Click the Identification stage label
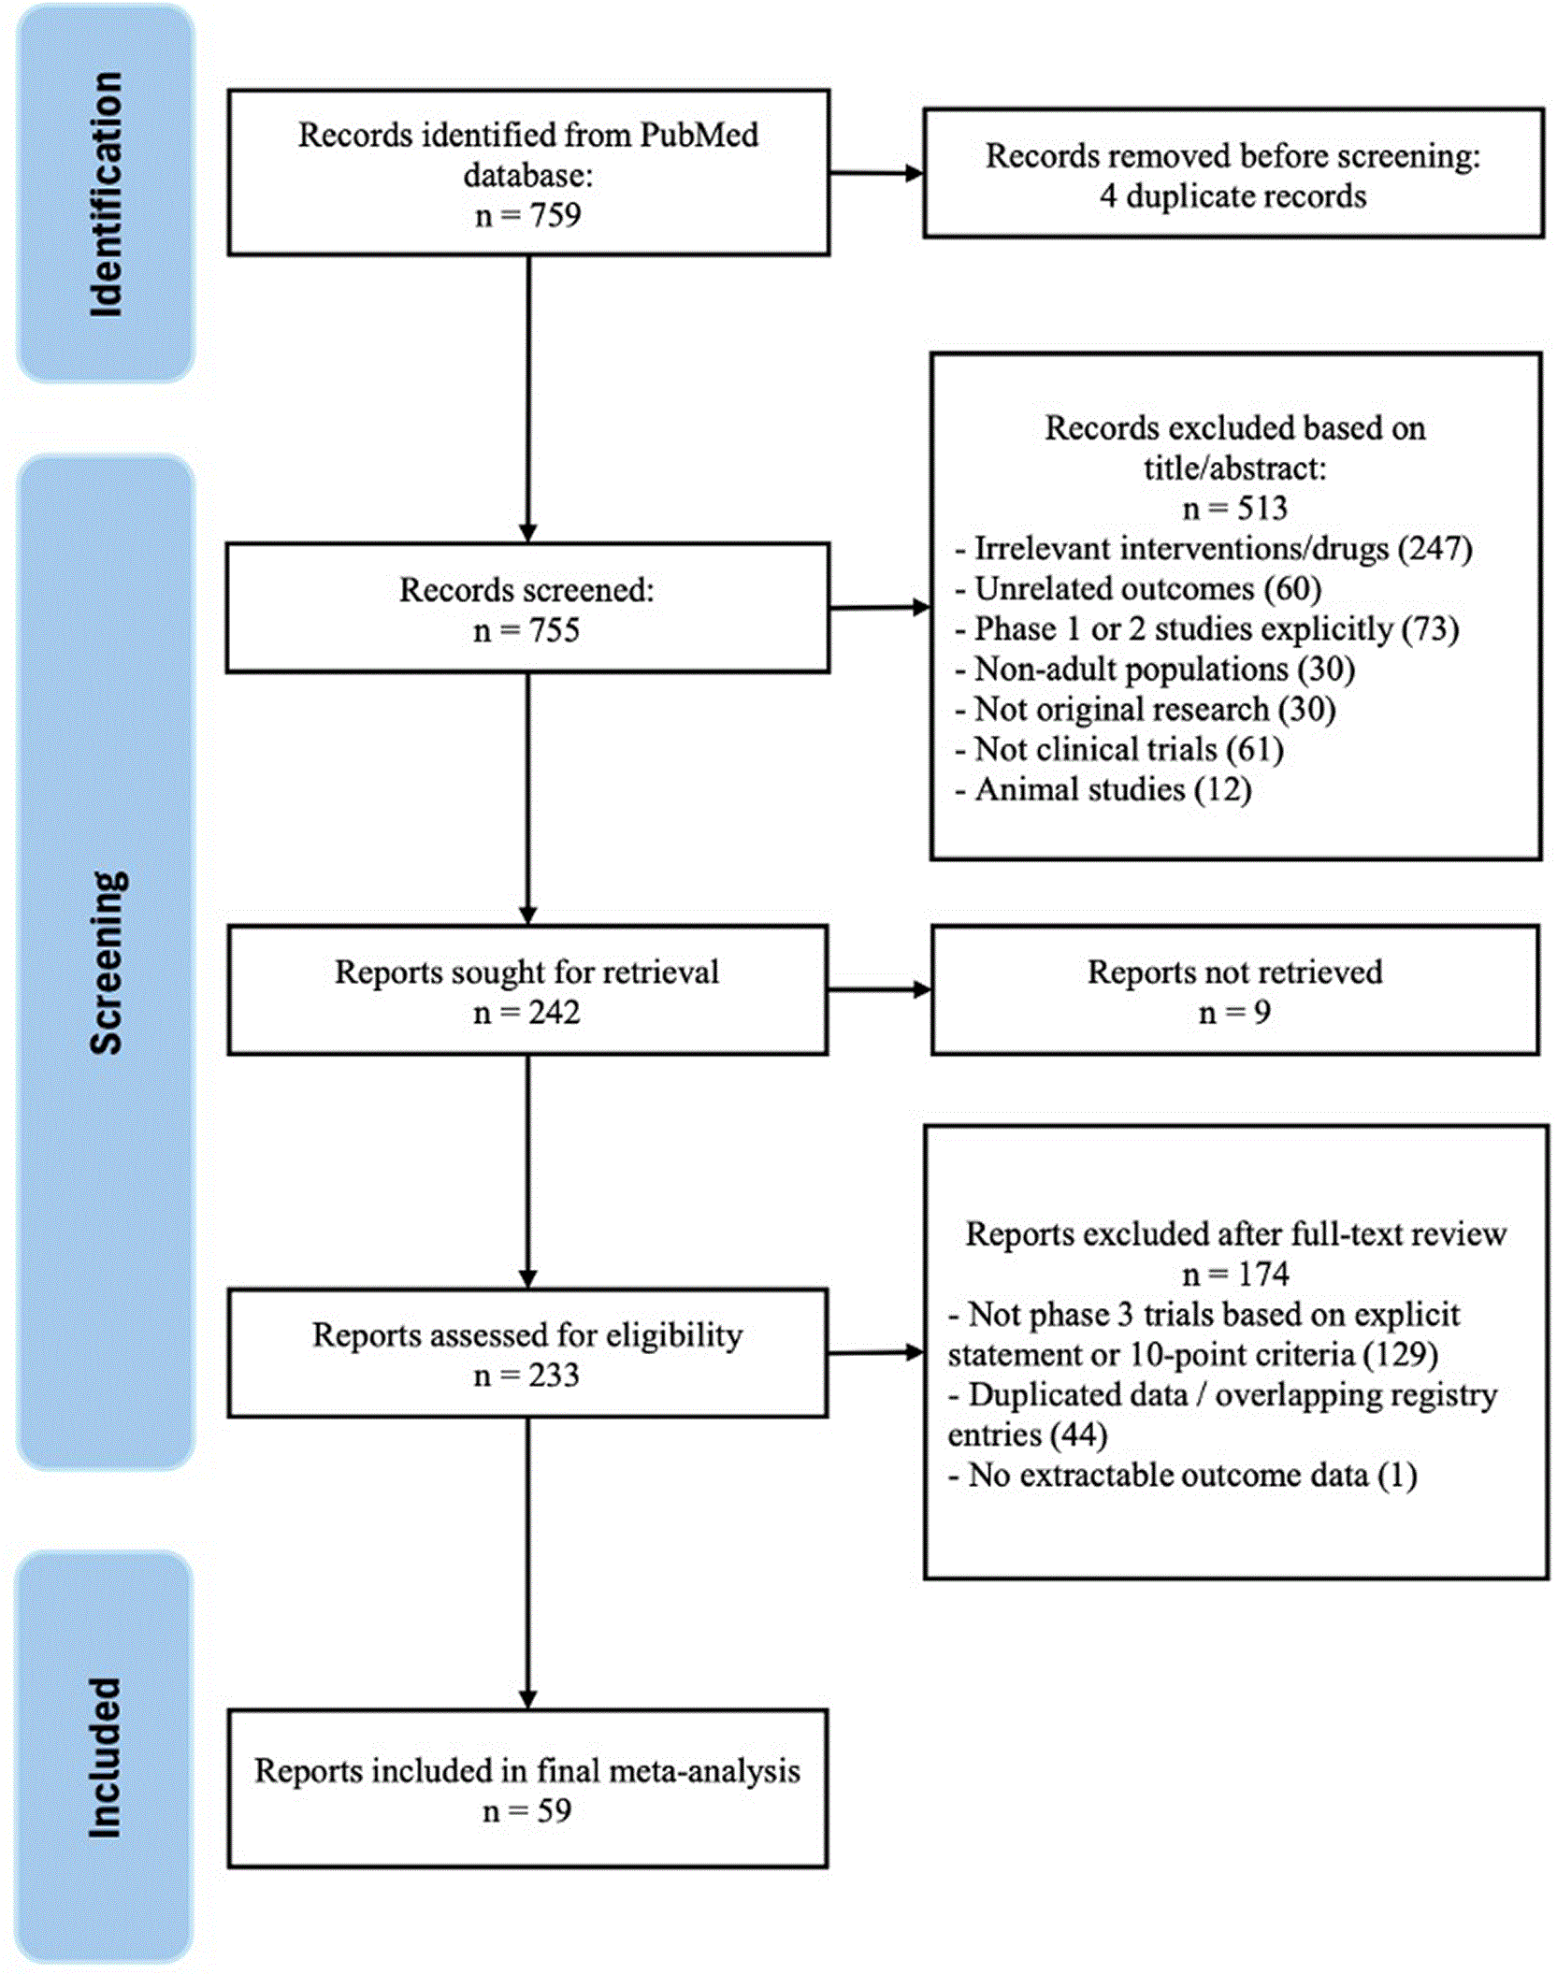106,194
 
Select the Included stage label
105,1758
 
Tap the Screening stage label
106,962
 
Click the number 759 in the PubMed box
555,215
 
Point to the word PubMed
699,135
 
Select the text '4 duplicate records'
1233,196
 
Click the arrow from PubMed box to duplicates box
876,173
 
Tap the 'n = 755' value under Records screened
526,630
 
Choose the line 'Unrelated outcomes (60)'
1138,589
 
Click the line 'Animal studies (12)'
1103,790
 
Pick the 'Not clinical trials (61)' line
1119,750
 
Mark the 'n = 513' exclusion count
1234,508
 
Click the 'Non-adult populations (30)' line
1155,670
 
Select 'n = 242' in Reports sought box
526,1013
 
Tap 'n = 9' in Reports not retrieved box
1234,1013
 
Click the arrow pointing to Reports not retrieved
880,989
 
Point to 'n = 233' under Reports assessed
526,1376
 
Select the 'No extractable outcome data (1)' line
1183,1476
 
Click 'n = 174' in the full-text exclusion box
1235,1275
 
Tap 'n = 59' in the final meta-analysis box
526,1811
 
